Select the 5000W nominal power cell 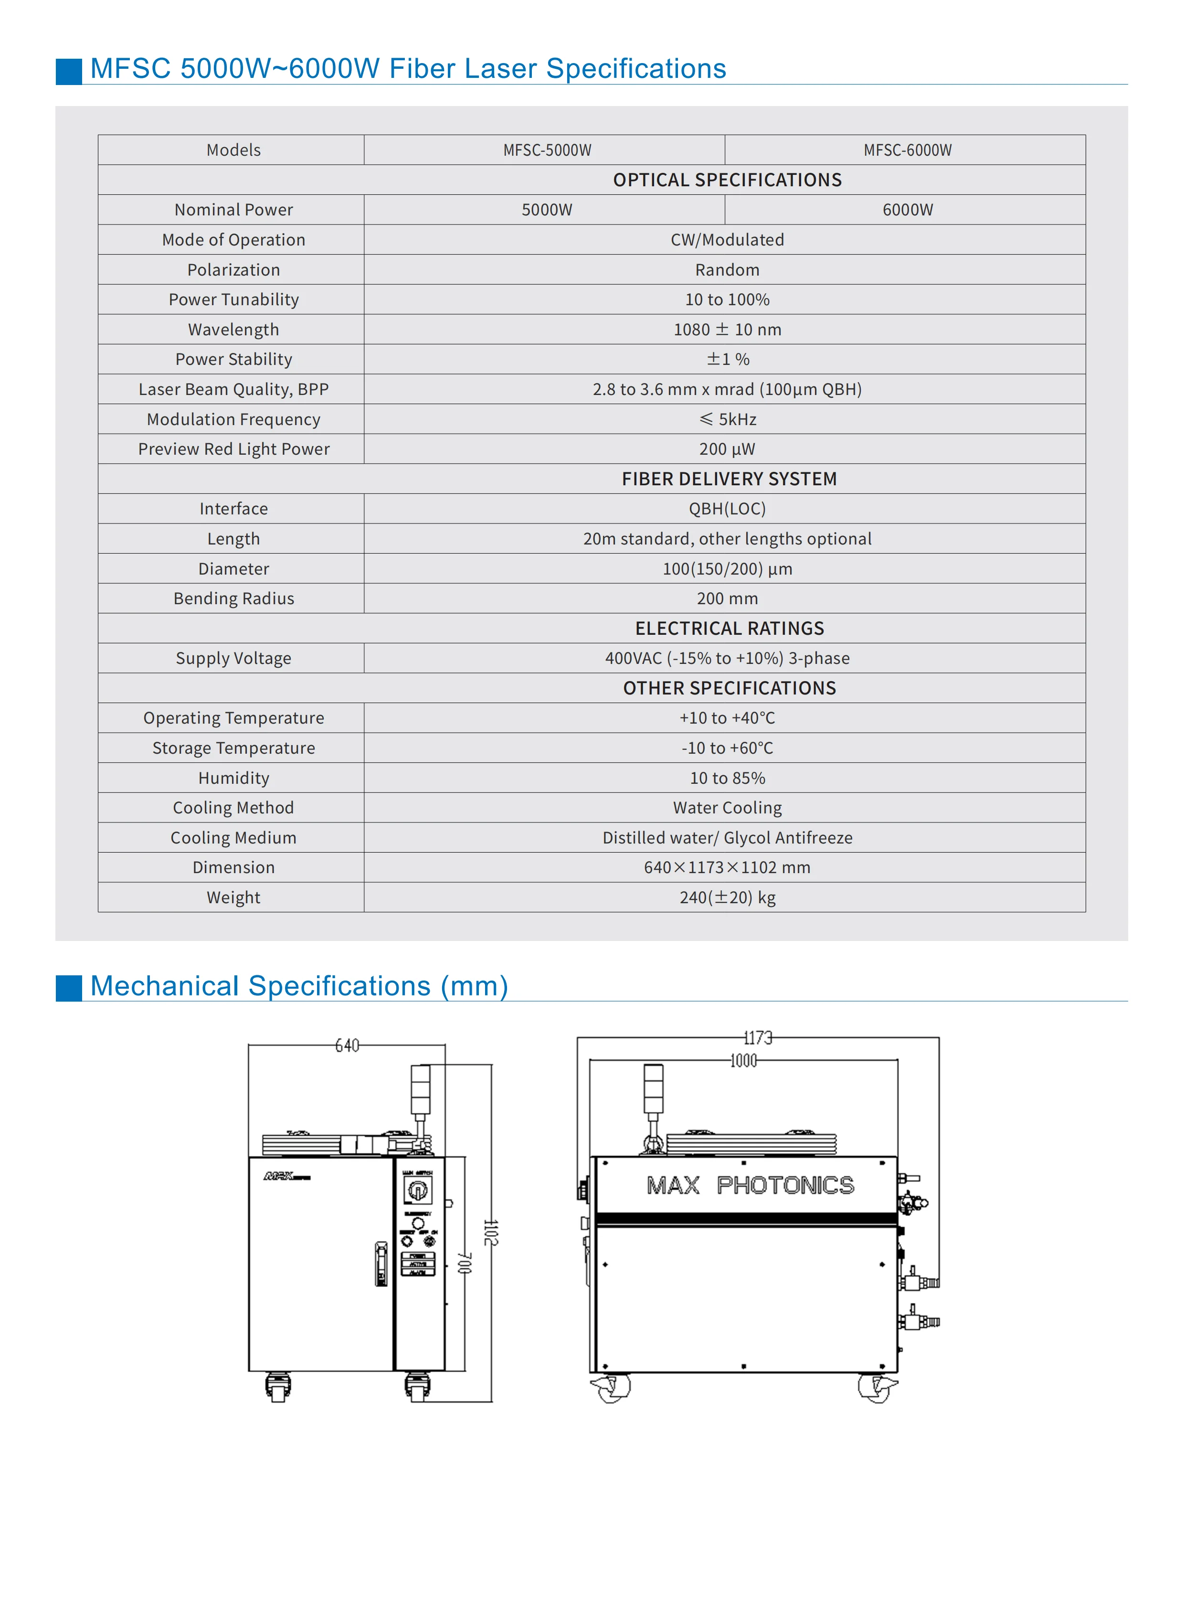coord(546,209)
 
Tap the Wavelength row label coord(233,329)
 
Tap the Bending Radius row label coord(233,598)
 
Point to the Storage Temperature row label coord(233,748)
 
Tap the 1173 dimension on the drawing coord(758,1037)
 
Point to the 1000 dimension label coord(743,1060)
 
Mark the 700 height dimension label coord(465,1263)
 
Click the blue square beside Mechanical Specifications coord(69,987)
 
